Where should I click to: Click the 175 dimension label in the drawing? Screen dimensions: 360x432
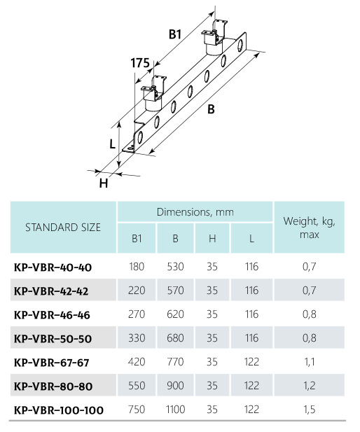click(x=140, y=63)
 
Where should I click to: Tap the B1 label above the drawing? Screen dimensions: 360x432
click(x=175, y=34)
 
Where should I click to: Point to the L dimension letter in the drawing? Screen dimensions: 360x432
click(x=112, y=144)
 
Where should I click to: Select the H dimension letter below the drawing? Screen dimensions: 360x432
click(x=104, y=183)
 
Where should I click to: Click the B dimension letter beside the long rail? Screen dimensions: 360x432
click(x=211, y=109)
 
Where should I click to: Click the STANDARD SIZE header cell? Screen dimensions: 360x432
click(x=63, y=228)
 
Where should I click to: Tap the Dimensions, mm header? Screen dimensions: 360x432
click(x=195, y=212)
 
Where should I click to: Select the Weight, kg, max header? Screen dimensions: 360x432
click(x=310, y=228)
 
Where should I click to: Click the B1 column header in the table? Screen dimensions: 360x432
click(x=137, y=238)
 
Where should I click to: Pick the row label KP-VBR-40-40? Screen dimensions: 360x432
click(x=53, y=267)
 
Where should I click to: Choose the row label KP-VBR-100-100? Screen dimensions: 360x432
click(x=59, y=410)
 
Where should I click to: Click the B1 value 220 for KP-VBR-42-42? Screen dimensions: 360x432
click(x=137, y=291)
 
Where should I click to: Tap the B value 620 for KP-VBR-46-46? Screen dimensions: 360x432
click(x=175, y=314)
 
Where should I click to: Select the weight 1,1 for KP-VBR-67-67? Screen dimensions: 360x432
click(x=310, y=362)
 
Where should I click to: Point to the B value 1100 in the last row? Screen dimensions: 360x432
click(x=175, y=410)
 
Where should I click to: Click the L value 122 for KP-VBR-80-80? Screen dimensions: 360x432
click(x=251, y=386)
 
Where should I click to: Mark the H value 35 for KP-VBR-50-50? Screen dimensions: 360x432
click(x=212, y=338)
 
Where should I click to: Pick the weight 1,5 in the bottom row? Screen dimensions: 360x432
click(x=310, y=410)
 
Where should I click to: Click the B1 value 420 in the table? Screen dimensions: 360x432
click(x=137, y=362)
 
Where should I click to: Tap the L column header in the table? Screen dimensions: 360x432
click(x=251, y=239)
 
